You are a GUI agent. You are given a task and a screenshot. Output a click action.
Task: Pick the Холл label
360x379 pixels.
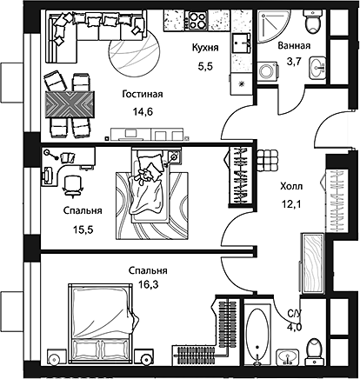coord(291,186)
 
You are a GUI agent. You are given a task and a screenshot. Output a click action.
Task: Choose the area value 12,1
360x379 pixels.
coord(291,204)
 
